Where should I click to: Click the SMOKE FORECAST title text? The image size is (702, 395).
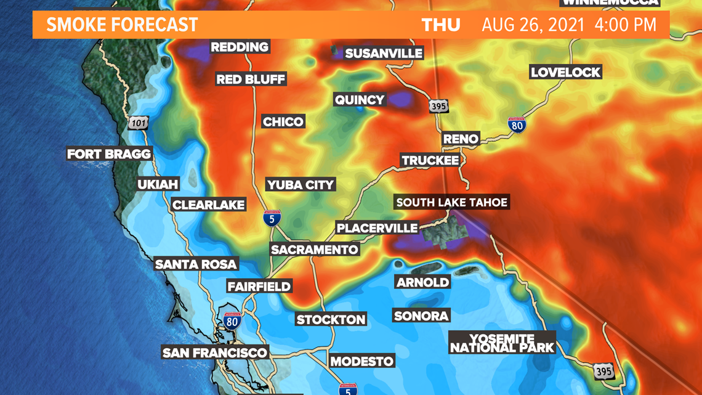coord(122,25)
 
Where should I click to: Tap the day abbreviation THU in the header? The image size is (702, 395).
coord(441,25)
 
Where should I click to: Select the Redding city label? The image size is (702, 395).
coord(240,47)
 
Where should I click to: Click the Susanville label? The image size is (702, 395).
coord(384,54)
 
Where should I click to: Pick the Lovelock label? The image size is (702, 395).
coord(565,73)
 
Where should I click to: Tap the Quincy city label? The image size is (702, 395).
coord(359,100)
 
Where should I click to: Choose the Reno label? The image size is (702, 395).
coord(461,139)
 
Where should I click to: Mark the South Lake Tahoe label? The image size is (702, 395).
coord(451,202)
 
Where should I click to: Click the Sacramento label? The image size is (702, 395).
coord(315,250)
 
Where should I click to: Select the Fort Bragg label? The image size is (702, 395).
coord(109,154)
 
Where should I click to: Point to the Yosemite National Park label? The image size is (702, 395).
coord(502,343)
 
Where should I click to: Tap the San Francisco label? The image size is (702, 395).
coord(215,353)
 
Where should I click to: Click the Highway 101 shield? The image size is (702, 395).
coord(139,123)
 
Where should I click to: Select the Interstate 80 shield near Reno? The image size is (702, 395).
coord(517,125)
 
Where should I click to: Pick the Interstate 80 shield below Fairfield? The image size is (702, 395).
coord(232,320)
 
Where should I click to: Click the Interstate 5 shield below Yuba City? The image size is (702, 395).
coord(272,218)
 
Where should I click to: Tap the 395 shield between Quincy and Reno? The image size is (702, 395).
coord(438,106)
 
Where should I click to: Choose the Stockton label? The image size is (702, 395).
coord(331,320)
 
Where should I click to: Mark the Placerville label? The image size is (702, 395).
coord(377,228)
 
